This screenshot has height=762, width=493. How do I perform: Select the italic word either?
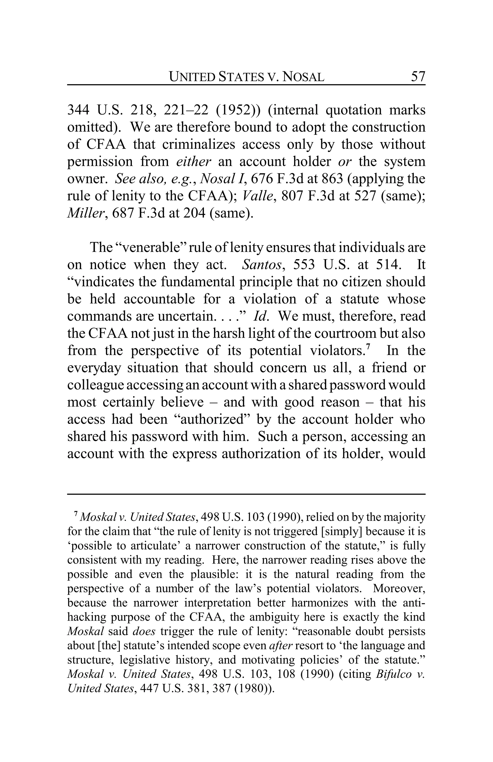[194, 161]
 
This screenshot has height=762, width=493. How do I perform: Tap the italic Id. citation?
[261, 316]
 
